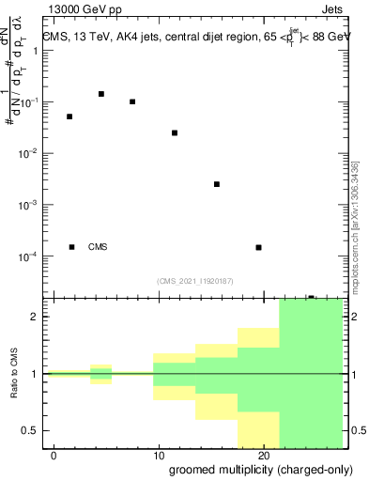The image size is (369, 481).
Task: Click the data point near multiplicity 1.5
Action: tap(69, 116)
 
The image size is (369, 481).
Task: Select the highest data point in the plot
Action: tap(101, 94)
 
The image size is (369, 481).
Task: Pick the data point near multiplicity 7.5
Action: tap(132, 101)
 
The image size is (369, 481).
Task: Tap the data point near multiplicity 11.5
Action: tap(175, 132)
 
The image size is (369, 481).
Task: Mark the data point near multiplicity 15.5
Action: tap(217, 184)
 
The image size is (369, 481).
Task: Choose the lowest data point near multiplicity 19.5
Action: tap(258, 247)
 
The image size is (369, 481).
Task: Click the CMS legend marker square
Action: tap(71, 247)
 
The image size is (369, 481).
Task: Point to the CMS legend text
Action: tap(98, 247)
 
